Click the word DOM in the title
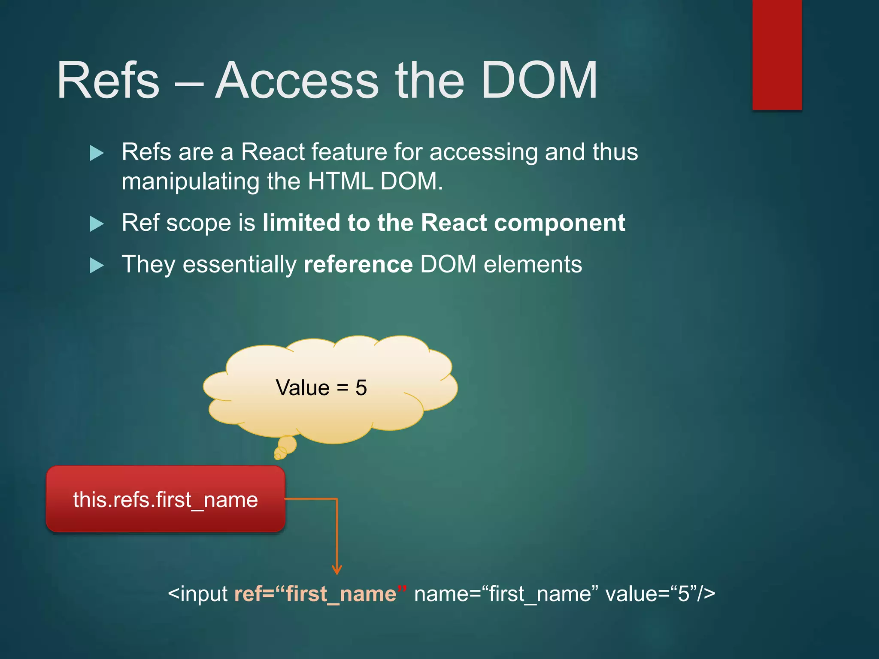[539, 81]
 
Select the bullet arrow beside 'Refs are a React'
[97, 153]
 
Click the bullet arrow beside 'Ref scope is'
[97, 224]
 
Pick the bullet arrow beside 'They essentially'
[97, 266]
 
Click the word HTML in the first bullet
[340, 181]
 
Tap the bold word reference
[358, 264]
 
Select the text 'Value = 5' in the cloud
[321, 388]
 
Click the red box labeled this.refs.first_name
[166, 499]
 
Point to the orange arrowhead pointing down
[337, 569]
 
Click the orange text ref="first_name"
[320, 594]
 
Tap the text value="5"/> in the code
[660, 594]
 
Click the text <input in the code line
[198, 594]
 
